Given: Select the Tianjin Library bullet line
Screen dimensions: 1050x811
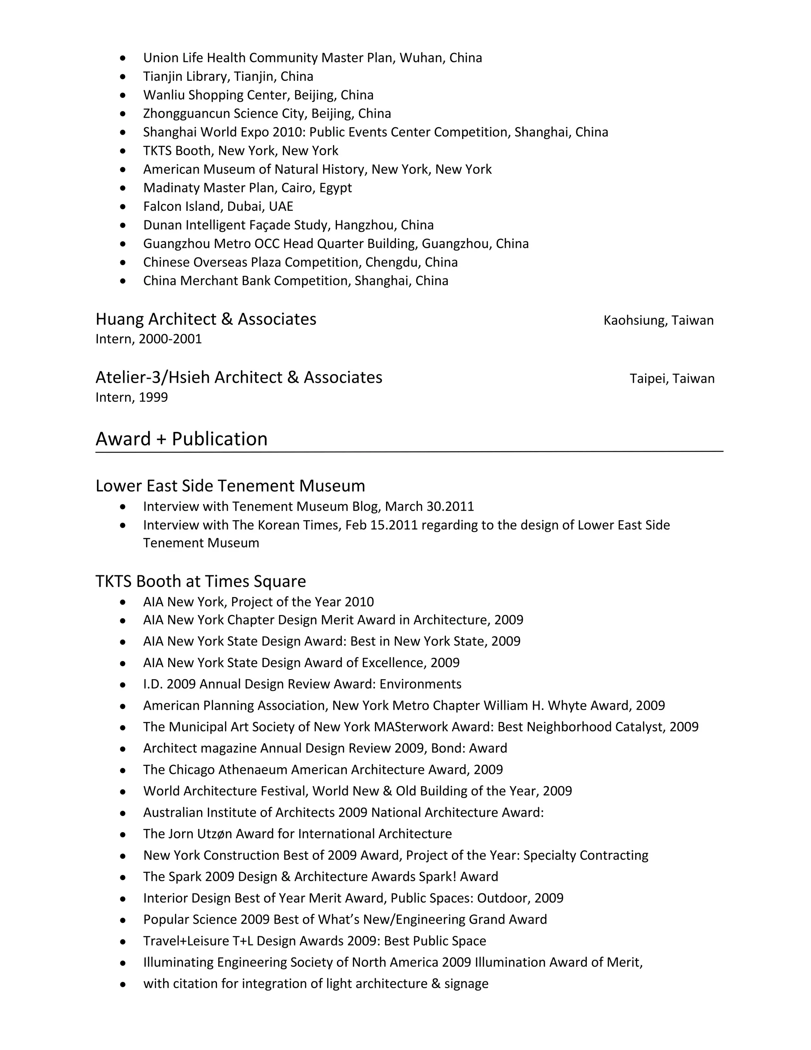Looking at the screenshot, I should (228, 76).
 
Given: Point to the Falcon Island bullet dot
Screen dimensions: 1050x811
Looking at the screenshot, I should (124, 207).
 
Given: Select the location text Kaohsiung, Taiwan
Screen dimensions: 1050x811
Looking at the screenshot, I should (658, 320).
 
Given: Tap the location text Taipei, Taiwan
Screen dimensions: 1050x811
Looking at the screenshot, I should (672, 379).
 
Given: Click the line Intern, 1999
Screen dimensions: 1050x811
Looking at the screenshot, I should (131, 397).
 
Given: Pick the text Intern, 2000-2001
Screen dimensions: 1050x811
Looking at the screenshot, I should (148, 339).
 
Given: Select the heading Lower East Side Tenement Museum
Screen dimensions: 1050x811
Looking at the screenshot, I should (230, 486).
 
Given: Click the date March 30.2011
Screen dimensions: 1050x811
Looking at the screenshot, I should (430, 506).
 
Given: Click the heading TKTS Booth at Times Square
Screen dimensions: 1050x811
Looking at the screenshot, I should (200, 581).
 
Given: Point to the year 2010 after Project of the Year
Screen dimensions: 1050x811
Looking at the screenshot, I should (359, 602).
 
